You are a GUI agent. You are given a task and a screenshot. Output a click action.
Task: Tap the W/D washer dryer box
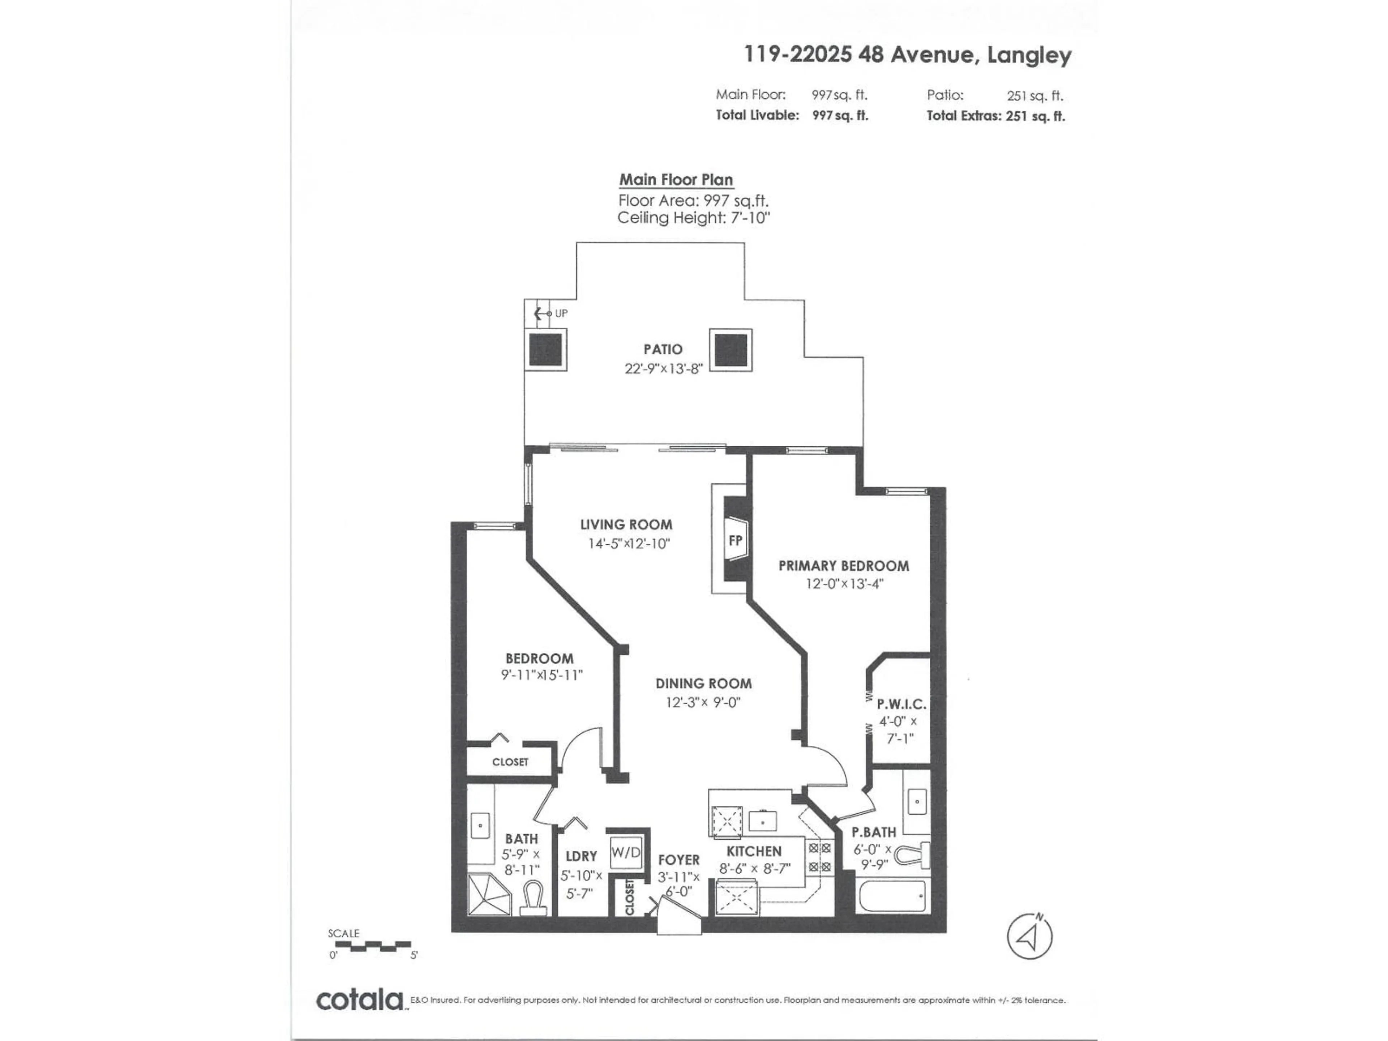626,852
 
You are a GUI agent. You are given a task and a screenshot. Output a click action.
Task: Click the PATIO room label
663,349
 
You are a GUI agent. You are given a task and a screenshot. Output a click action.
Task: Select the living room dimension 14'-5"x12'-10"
629,543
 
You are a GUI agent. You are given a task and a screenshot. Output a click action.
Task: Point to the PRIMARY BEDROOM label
843,565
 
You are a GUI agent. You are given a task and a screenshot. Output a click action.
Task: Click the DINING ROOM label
703,683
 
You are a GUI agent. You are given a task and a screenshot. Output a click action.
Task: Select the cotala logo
360,1000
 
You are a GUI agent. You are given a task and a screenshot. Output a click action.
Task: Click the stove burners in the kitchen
819,857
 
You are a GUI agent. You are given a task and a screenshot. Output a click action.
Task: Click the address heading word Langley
1029,55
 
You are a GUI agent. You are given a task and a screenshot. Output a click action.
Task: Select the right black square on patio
731,350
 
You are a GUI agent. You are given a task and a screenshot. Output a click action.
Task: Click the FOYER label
678,860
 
